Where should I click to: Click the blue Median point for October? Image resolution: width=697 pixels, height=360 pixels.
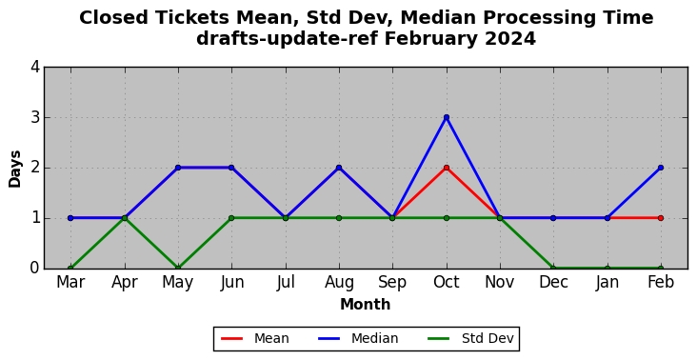coord(447,117)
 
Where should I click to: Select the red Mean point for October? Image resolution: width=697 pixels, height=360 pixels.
coord(447,168)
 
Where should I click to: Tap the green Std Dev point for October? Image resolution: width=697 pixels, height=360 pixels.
coord(447,218)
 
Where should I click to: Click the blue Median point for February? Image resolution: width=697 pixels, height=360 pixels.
coord(661,168)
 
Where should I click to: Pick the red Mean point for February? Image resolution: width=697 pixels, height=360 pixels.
coord(661,218)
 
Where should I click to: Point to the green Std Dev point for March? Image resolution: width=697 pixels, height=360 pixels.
coord(70,268)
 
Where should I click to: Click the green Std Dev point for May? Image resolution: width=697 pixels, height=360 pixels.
coord(178,268)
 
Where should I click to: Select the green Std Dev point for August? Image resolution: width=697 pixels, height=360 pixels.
coord(339,218)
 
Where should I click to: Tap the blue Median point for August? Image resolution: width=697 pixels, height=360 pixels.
coord(339,168)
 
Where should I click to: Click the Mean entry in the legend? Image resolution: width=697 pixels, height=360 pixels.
coord(255,339)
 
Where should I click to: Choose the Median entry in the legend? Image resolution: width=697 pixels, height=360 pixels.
coord(358,339)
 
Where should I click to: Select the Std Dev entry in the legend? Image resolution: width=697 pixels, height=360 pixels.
coord(470,339)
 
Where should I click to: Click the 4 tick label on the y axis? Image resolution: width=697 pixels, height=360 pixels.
coord(35,68)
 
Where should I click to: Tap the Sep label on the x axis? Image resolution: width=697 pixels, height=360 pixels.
coord(392,283)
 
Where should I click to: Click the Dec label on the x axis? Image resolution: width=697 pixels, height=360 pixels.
coord(553,282)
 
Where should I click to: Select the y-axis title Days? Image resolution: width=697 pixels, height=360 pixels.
coord(14,169)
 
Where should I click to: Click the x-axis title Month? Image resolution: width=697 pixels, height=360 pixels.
coord(366,305)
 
